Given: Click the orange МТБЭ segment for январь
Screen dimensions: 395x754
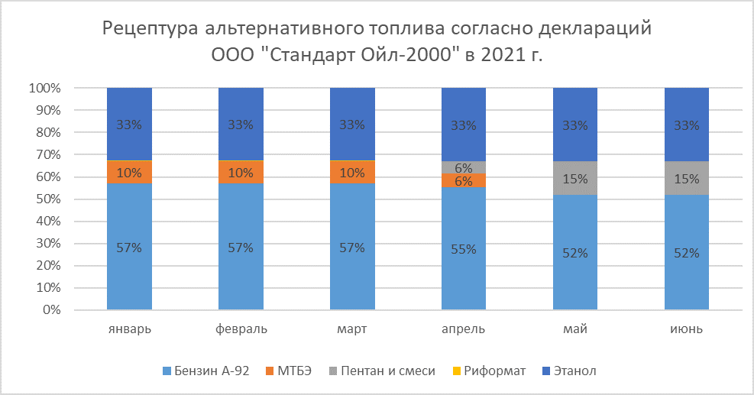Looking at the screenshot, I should click(129, 172).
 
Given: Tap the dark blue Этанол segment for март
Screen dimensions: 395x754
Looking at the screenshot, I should click(352, 124).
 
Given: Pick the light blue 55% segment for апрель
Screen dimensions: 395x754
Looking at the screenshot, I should click(464, 249).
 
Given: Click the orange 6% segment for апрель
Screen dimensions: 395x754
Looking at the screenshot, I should click(464, 180).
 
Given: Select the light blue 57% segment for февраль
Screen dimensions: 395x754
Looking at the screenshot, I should click(241, 247).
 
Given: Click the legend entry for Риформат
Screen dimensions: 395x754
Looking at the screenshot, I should click(494, 371).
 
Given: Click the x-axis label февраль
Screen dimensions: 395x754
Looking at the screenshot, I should click(241, 330).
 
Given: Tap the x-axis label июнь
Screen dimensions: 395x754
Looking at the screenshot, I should click(687, 330).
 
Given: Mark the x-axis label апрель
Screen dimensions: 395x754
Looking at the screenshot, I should click(464, 330).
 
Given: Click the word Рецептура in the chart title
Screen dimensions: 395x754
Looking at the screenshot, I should click(150, 30).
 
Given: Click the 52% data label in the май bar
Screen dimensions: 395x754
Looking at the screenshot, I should click(575, 254).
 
